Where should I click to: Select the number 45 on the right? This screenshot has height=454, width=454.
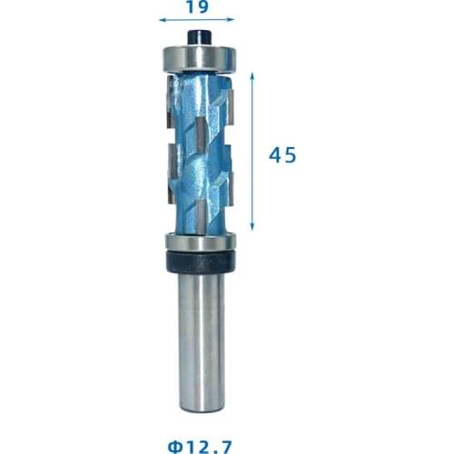[282, 155]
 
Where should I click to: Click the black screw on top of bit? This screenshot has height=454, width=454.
[198, 35]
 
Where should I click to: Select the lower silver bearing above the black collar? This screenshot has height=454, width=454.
[199, 242]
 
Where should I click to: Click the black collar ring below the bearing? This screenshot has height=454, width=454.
[199, 261]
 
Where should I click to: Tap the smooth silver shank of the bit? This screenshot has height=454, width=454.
[199, 336]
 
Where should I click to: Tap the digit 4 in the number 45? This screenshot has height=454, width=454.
[275, 155]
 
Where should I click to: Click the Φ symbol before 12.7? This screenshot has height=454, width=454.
[174, 445]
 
